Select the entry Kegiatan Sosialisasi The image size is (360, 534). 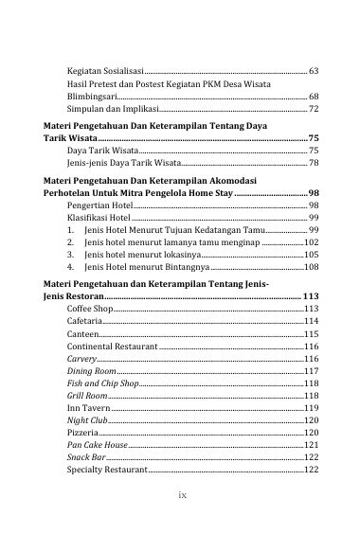coord(104,72)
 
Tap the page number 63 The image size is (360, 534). coord(314,72)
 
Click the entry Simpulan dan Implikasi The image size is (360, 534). coord(106,110)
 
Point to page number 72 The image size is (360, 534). coord(314,110)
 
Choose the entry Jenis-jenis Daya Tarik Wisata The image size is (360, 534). coord(118,163)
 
